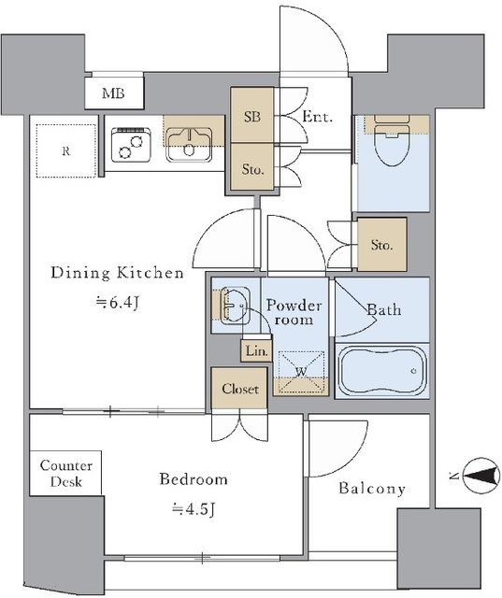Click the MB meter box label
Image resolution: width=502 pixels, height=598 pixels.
click(x=113, y=93)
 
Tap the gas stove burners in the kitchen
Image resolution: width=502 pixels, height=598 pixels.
click(x=131, y=144)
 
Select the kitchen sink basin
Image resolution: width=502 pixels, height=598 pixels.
click(x=189, y=145)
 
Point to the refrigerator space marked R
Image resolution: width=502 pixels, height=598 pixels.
click(x=66, y=150)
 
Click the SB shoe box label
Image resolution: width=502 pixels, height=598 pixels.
click(x=252, y=117)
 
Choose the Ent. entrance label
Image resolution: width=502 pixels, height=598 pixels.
click(x=317, y=116)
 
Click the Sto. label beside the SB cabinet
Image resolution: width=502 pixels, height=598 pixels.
click(x=252, y=169)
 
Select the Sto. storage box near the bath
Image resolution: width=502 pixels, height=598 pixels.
click(x=381, y=245)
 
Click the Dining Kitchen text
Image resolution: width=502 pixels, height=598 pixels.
click(x=117, y=273)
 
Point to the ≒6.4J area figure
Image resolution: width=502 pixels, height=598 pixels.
click(x=116, y=303)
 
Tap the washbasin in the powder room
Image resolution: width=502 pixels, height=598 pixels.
click(x=236, y=306)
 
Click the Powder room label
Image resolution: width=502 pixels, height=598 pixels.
click(x=294, y=311)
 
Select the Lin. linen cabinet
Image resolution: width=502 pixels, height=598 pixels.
click(x=256, y=351)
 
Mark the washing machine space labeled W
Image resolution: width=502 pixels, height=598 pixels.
click(x=301, y=372)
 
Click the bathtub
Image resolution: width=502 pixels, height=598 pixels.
click(x=381, y=371)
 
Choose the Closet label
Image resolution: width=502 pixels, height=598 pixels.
click(x=240, y=389)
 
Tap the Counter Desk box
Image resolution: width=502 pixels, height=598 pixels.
click(x=65, y=473)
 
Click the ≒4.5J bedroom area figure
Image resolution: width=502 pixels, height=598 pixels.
click(x=194, y=508)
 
